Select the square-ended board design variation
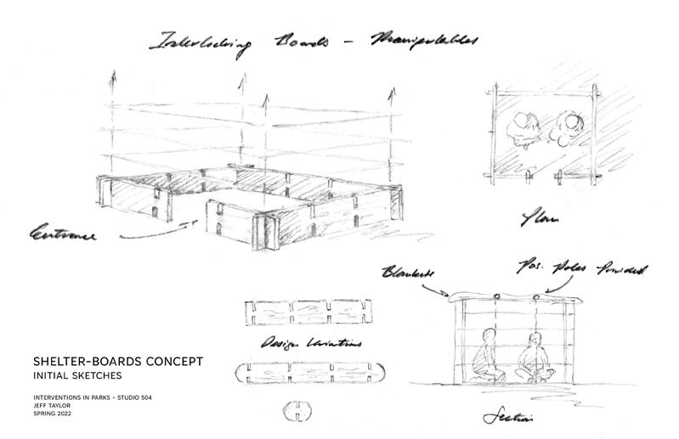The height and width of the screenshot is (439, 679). pyautogui.click(x=306, y=312)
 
